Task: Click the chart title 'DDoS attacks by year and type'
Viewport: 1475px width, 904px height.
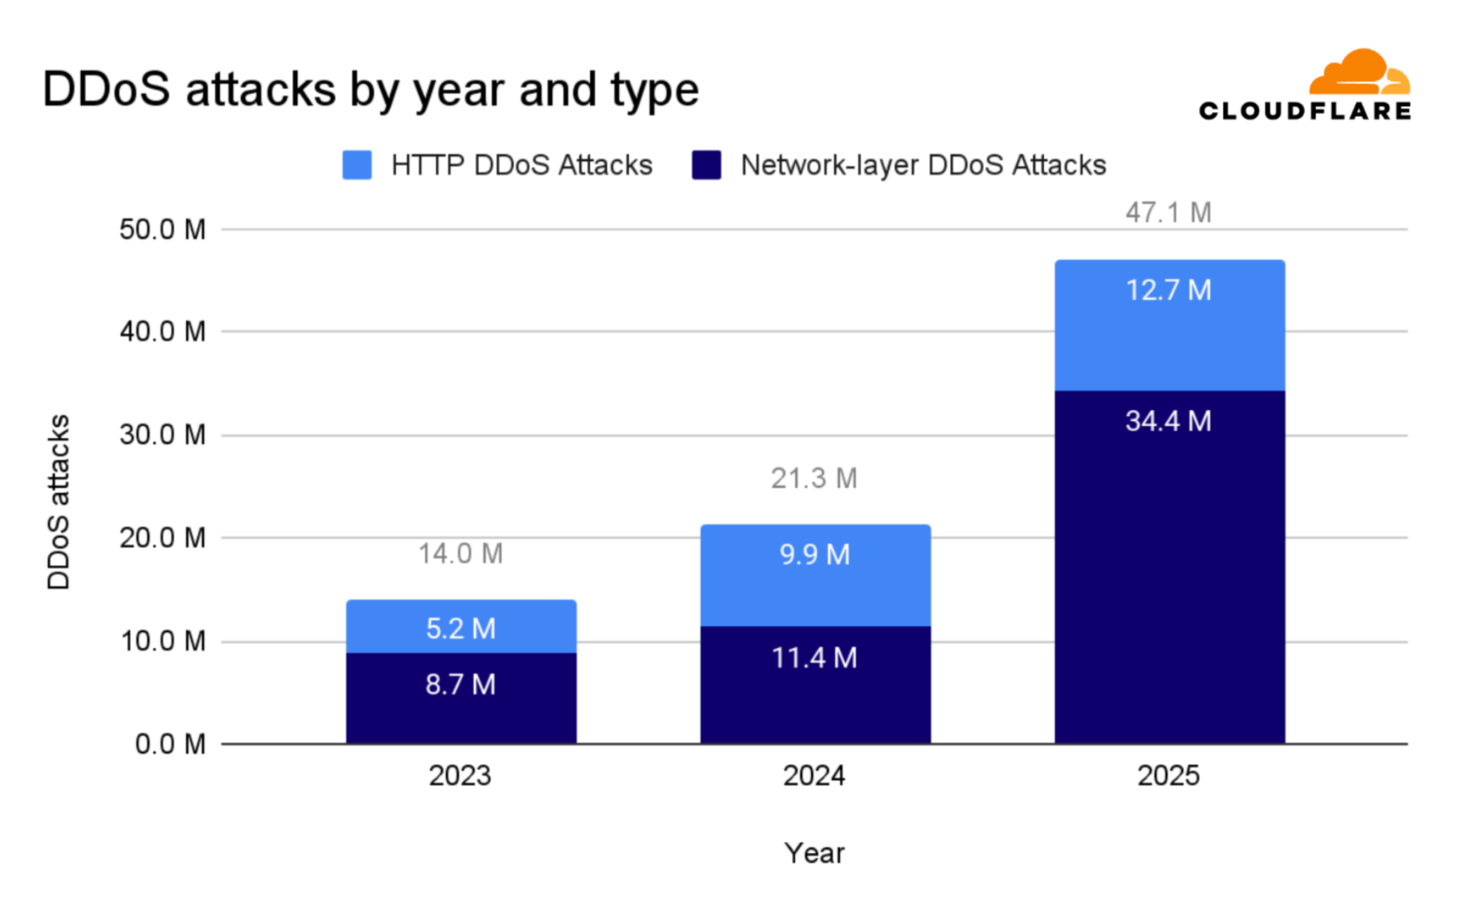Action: (370, 90)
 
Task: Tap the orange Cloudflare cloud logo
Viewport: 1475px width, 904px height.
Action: (1359, 73)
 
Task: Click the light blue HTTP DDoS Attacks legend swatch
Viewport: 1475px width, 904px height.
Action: (357, 165)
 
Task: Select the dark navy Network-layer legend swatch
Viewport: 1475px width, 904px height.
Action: (707, 165)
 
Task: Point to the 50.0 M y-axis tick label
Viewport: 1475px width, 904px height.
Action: (162, 229)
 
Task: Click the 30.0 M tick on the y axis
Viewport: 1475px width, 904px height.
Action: (162, 435)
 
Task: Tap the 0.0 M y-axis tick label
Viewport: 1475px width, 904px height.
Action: (170, 744)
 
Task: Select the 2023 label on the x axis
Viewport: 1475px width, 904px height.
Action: (460, 776)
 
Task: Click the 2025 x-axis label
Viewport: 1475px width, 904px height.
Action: (1168, 776)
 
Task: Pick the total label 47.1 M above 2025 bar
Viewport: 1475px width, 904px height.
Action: (1168, 213)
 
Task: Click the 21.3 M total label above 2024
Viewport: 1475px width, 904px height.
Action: (814, 479)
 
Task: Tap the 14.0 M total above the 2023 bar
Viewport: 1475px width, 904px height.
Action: (460, 554)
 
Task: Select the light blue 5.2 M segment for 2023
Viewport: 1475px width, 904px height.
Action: (461, 628)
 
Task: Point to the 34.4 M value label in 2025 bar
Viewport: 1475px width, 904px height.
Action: (1169, 421)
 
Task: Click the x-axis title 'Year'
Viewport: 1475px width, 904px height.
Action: (814, 853)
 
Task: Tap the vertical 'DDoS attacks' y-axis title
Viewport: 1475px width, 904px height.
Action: (59, 502)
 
